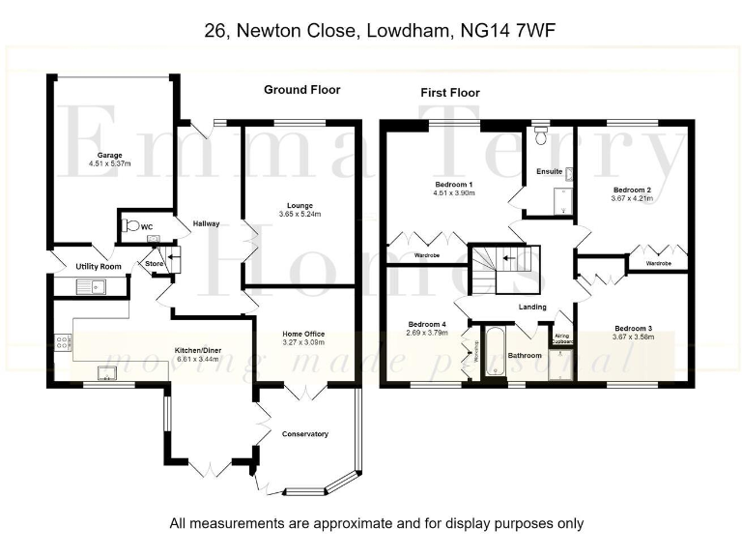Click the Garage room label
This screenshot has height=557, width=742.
[107, 154]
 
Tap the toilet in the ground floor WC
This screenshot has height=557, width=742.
[130, 226]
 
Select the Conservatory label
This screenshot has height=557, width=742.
[305, 433]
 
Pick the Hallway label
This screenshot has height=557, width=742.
[206, 223]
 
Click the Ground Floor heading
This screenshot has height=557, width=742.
[301, 90]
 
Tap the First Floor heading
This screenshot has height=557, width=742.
[449, 93]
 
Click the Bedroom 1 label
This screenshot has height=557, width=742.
[453, 184]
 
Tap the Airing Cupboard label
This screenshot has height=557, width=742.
[562, 337]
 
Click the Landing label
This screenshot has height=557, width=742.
[532, 308]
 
